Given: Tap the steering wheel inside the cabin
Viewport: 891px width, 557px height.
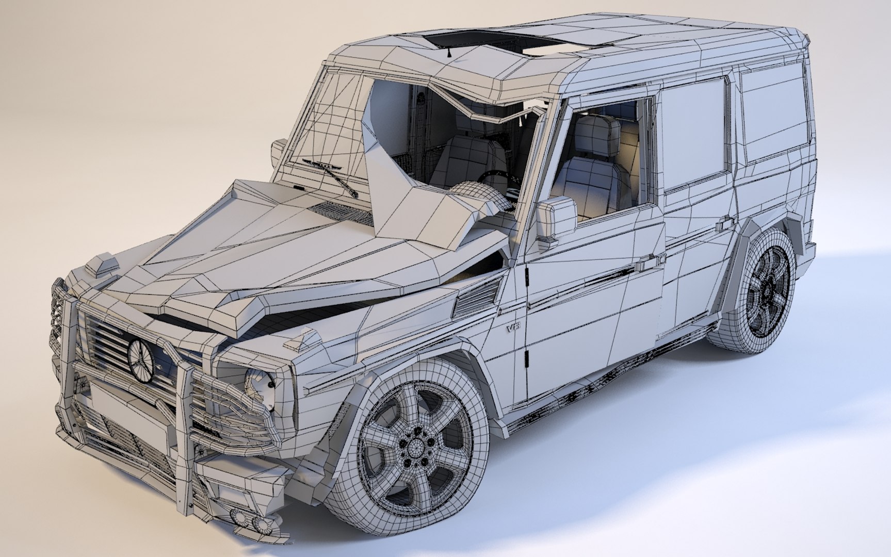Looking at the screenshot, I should (x=495, y=178).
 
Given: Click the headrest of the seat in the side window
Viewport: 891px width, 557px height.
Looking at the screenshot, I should (x=598, y=132).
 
